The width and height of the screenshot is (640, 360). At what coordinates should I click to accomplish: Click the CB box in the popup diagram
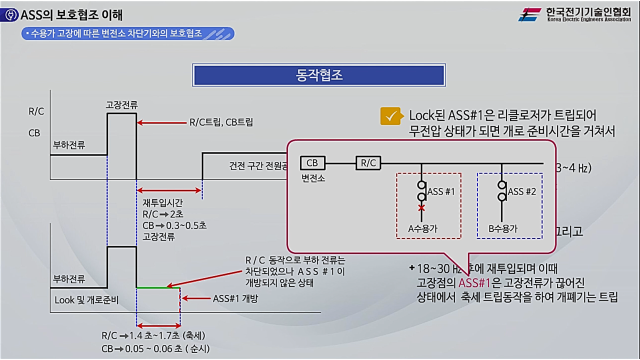click(x=312, y=163)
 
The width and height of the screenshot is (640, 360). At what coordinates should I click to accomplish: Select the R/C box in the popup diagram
click(x=368, y=163)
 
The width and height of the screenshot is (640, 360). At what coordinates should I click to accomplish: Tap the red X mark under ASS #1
click(x=421, y=207)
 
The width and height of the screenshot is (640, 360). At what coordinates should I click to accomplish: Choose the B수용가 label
click(x=503, y=229)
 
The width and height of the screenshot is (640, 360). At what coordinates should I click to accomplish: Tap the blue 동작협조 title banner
click(x=318, y=75)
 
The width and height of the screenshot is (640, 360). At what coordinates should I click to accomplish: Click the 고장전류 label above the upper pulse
click(x=121, y=105)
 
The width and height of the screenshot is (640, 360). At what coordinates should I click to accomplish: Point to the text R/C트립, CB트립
click(x=221, y=122)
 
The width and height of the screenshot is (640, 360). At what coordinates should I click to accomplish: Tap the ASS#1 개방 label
click(x=235, y=299)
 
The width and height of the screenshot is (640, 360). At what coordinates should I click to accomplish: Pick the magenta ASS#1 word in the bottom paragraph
click(x=474, y=283)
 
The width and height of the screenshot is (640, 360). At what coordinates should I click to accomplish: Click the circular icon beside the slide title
click(x=9, y=15)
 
